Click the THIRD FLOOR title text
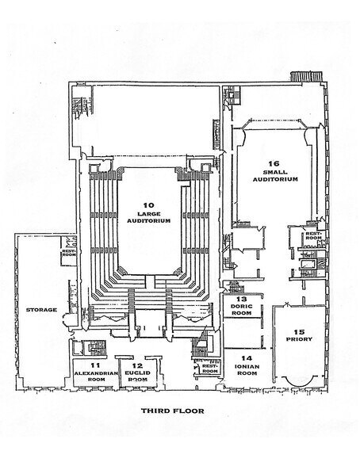point(172,411)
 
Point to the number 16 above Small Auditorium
point(274,163)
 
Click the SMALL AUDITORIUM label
point(274,175)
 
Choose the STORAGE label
point(40,309)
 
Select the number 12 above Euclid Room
point(137,365)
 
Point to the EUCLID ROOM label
point(137,376)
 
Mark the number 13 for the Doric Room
point(240,299)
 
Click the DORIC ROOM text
point(240,310)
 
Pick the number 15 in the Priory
point(299,330)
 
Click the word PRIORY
point(299,339)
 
